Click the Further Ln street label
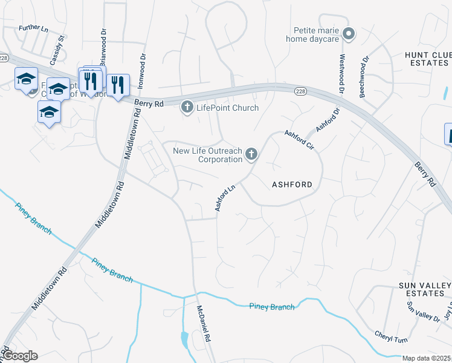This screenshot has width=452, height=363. tap(33, 28)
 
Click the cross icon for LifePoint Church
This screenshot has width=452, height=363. tap(187, 108)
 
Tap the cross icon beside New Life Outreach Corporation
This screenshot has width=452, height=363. tap(251, 155)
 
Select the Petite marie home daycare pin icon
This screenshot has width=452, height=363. tap(347, 34)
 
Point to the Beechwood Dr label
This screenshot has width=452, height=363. tap(364, 77)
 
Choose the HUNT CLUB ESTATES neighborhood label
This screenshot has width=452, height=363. tap(427, 59)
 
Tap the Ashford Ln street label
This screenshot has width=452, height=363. tap(225, 198)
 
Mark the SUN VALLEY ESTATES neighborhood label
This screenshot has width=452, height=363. tap(421, 289)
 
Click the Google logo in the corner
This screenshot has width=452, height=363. tap(21, 356)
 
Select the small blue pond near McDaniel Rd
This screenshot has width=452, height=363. tap(184, 340)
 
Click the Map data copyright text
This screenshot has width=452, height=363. tap(426, 359)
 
